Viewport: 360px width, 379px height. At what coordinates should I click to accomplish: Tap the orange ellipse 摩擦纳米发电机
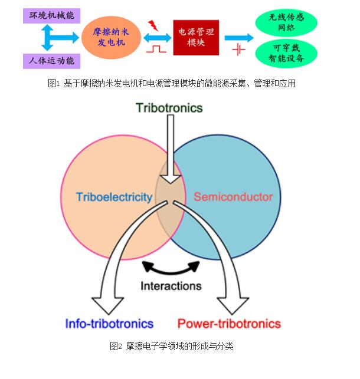[x=112, y=37]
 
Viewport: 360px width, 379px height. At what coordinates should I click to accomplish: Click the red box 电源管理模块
[x=195, y=37]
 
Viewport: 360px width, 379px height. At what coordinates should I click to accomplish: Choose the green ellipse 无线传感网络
[x=286, y=22]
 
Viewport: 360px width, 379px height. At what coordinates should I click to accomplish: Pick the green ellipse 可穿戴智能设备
[x=286, y=53]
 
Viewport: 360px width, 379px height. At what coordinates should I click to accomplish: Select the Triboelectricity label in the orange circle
[x=114, y=197]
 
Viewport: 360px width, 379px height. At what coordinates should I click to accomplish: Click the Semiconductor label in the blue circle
[x=233, y=197]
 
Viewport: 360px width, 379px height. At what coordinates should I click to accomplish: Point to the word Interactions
[x=171, y=286]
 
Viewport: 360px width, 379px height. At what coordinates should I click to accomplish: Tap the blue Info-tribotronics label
[x=109, y=324]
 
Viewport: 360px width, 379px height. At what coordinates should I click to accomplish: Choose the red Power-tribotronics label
[x=229, y=324]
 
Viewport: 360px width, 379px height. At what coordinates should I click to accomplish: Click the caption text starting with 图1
[x=171, y=84]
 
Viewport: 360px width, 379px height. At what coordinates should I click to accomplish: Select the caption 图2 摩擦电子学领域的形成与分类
[x=171, y=346]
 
